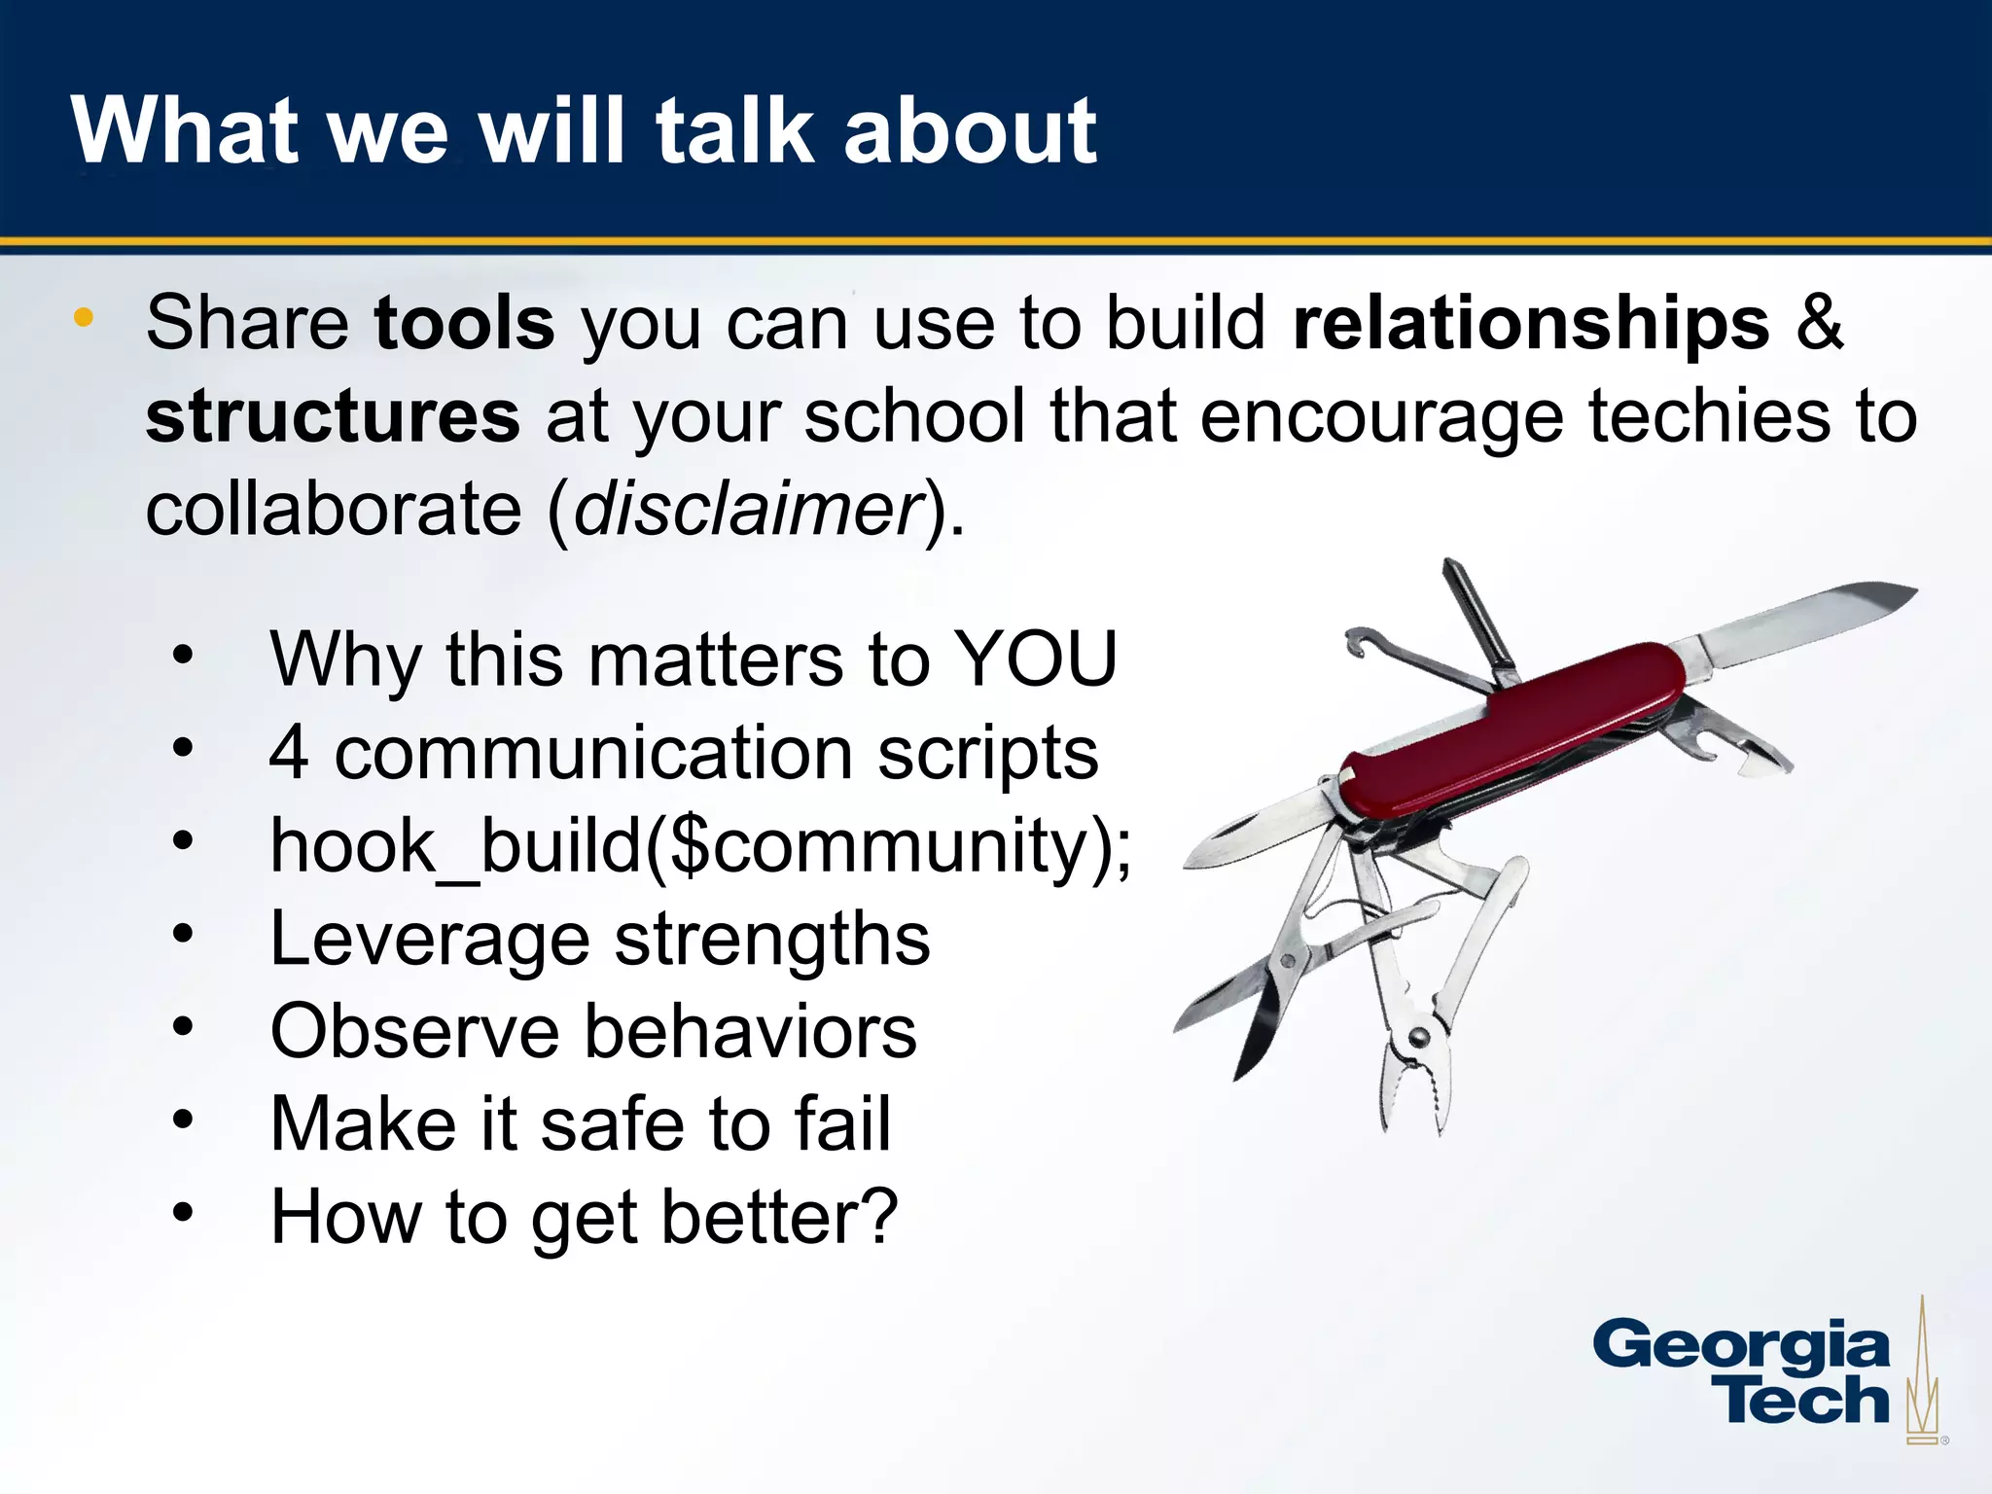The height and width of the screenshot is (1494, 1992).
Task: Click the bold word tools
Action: (464, 323)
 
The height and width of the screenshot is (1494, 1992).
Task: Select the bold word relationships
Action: (1530, 323)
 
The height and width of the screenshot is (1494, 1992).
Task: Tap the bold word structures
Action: (333, 416)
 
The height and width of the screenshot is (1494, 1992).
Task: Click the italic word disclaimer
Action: (748, 510)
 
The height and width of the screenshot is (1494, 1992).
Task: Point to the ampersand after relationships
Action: (1819, 323)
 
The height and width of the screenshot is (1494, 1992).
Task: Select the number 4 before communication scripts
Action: (290, 753)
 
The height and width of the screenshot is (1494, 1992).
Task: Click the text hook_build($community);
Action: (700, 846)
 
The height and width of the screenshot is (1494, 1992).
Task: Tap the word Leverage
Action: (429, 940)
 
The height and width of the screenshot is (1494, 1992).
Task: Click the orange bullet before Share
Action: (84, 317)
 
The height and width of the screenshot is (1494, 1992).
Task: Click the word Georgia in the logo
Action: (1740, 1347)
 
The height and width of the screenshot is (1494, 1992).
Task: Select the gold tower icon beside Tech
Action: (1921, 1381)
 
